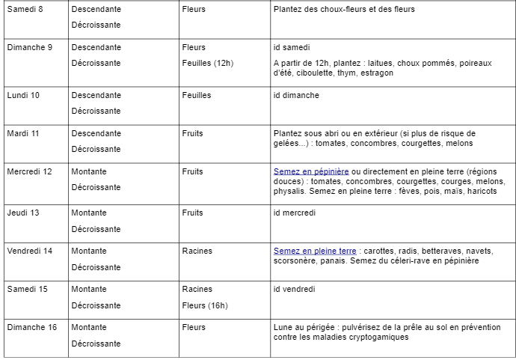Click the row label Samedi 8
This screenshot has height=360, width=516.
pyautogui.click(x=25, y=9)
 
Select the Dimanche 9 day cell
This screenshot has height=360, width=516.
pyautogui.click(x=29, y=47)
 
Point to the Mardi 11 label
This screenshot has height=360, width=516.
pyautogui.click(x=23, y=133)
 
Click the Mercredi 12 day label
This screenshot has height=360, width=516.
pyautogui.click(x=29, y=171)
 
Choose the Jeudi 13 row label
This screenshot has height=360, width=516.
pyautogui.click(x=23, y=213)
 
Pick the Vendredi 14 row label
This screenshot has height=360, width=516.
pyautogui.click(x=29, y=251)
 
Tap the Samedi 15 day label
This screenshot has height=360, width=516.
pyautogui.click(x=27, y=289)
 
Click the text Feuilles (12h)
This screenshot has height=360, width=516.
pyautogui.click(x=207, y=63)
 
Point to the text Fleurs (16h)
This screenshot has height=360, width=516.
pyautogui.click(x=205, y=305)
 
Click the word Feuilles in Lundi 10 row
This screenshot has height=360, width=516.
pyautogui.click(x=197, y=95)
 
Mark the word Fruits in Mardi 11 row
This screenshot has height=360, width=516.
pyautogui.click(x=193, y=133)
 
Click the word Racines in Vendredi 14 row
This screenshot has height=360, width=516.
pyautogui.click(x=197, y=251)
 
